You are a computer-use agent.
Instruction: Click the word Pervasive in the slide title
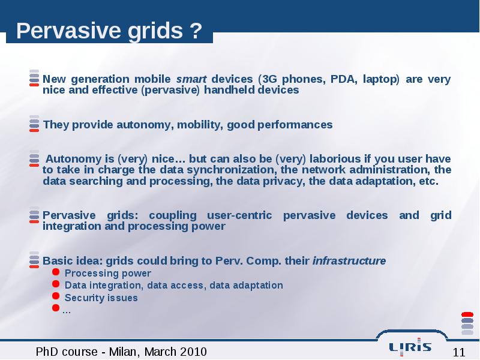(68, 31)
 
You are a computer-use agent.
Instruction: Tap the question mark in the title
(196, 31)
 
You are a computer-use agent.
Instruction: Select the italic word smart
(191, 79)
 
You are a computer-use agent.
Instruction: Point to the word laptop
(380, 79)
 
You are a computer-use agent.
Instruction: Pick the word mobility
(200, 125)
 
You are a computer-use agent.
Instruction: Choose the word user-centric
(239, 215)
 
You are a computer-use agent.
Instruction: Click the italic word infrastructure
(349, 261)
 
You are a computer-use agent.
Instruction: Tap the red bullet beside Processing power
(56, 272)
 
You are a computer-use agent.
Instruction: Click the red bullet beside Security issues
(56, 296)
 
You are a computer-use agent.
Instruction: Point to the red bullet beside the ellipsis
(56, 308)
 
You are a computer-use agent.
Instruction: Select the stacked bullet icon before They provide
(34, 124)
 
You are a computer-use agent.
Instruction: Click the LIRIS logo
(410, 347)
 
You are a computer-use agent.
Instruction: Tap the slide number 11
(459, 352)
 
